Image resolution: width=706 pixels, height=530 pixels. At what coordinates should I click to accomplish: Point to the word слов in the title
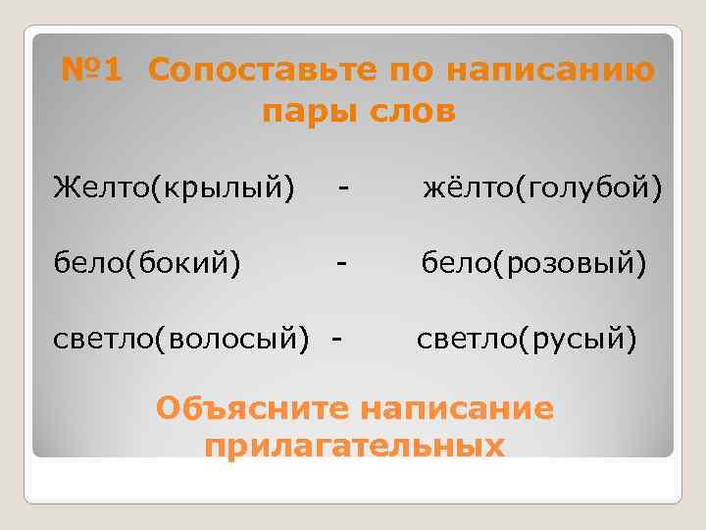tap(411, 112)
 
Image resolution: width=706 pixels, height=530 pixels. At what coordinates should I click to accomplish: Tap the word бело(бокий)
tap(147, 263)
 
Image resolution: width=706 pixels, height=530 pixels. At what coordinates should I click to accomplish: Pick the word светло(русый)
tap(528, 340)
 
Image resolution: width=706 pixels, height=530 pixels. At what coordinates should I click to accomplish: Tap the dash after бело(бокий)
tap(341, 263)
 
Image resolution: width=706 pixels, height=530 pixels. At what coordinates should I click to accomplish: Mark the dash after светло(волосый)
tap(337, 340)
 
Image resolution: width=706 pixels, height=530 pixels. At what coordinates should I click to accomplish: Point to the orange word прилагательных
tap(355, 447)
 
